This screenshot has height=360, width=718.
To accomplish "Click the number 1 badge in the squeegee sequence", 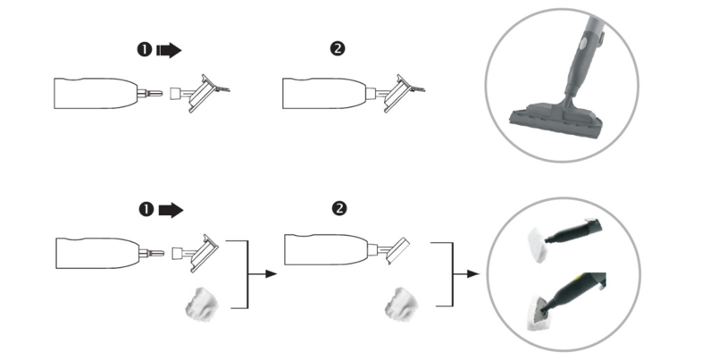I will [x=144, y=51].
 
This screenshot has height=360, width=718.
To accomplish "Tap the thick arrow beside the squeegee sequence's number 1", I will [x=168, y=51].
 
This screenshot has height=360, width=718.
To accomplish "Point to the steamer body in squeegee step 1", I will [x=94, y=93].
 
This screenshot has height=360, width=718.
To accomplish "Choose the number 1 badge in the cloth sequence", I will [x=144, y=210].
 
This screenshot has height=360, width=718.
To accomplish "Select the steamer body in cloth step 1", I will [x=94, y=252].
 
